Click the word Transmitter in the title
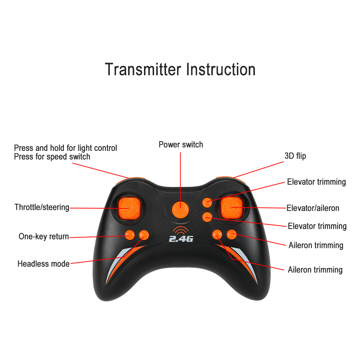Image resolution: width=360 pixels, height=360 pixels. (x=143, y=69)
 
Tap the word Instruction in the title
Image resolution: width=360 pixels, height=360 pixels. (x=221, y=69)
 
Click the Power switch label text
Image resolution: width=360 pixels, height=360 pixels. (x=181, y=145)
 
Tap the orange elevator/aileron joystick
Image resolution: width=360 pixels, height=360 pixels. (x=231, y=208)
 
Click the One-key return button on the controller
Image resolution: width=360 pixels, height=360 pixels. (x=130, y=235)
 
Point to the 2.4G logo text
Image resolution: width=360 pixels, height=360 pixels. (x=181, y=239)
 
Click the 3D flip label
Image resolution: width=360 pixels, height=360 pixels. (x=295, y=156)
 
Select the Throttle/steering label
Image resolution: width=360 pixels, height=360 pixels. (x=42, y=207)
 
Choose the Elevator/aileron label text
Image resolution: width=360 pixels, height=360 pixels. (x=313, y=208)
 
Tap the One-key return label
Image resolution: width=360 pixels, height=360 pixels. (x=44, y=237)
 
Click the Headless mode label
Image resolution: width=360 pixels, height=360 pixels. (x=44, y=264)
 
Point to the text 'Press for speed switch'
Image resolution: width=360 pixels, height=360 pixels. (x=52, y=157)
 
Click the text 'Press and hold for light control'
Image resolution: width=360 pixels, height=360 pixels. (x=66, y=148)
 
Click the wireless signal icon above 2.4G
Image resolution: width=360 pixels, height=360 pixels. (x=180, y=230)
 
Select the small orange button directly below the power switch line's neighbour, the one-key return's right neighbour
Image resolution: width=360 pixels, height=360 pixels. (x=144, y=235)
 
